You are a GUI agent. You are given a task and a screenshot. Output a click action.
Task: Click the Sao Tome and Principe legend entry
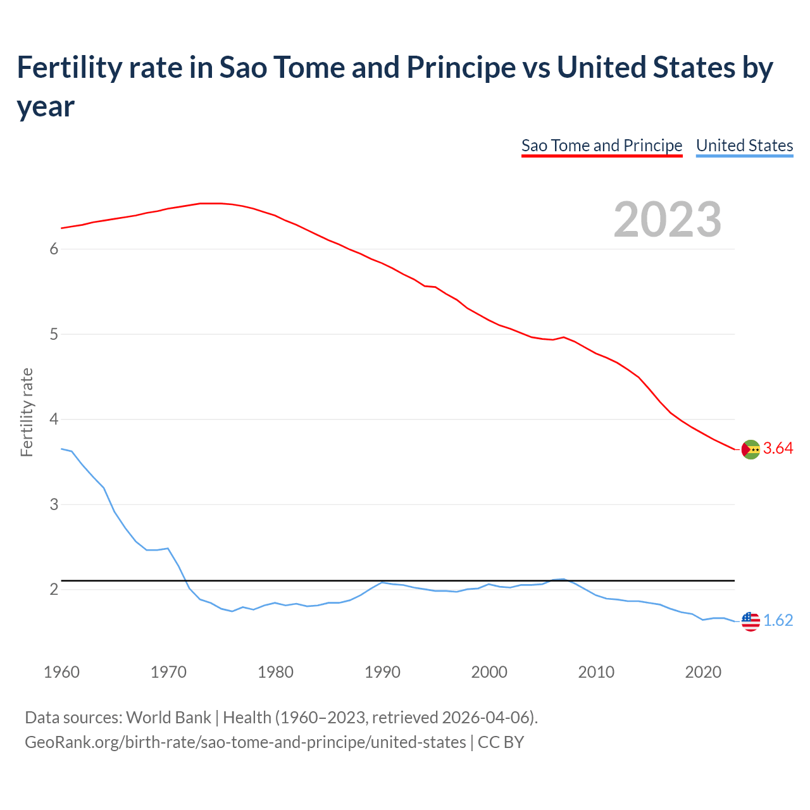pyautogui.click(x=601, y=146)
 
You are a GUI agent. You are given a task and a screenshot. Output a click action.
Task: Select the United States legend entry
pyautogui.click(x=744, y=146)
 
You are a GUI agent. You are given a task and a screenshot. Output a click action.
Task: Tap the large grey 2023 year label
pyautogui.click(x=667, y=220)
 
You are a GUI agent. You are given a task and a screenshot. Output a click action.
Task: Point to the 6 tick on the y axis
pyautogui.click(x=54, y=249)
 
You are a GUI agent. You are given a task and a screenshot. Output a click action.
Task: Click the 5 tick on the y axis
pyautogui.click(x=54, y=334)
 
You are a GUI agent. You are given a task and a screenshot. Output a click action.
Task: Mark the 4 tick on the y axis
pyautogui.click(x=54, y=419)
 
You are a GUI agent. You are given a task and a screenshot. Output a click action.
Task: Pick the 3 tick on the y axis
pyautogui.click(x=54, y=504)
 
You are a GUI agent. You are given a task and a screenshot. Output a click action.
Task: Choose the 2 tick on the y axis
pyautogui.click(x=54, y=590)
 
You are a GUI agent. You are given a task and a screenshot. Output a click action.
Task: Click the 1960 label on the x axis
pyautogui.click(x=61, y=672)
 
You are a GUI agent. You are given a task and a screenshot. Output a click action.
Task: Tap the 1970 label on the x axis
pyautogui.click(x=168, y=672)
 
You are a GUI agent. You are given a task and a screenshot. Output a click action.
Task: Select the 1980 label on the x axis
pyautogui.click(x=275, y=672)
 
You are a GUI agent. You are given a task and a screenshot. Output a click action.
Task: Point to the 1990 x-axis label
pyautogui.click(x=382, y=672)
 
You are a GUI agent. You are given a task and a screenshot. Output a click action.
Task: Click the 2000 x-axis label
pyautogui.click(x=489, y=672)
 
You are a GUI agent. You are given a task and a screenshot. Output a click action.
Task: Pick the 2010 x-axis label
pyautogui.click(x=596, y=672)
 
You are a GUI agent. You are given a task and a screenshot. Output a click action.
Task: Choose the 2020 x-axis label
pyautogui.click(x=703, y=672)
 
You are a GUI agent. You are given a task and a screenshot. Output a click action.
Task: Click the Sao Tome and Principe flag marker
pyautogui.click(x=751, y=449)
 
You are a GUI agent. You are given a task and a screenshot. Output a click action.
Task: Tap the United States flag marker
pyautogui.click(x=751, y=621)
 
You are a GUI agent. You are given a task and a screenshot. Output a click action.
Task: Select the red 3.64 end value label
pyautogui.click(x=778, y=449)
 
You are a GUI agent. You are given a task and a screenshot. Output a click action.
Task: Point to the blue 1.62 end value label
pyautogui.click(x=778, y=621)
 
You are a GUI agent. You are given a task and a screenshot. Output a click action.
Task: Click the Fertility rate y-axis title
pyautogui.click(x=27, y=412)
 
